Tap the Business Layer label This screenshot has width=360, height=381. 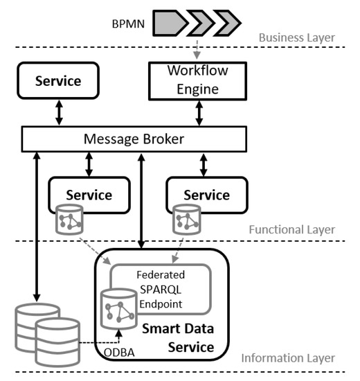coord(296,37)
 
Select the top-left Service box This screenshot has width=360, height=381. coord(58,80)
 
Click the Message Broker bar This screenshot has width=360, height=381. coord(134,139)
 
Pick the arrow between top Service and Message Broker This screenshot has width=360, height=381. coord(59,113)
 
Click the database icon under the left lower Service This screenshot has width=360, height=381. coord(69,220)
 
